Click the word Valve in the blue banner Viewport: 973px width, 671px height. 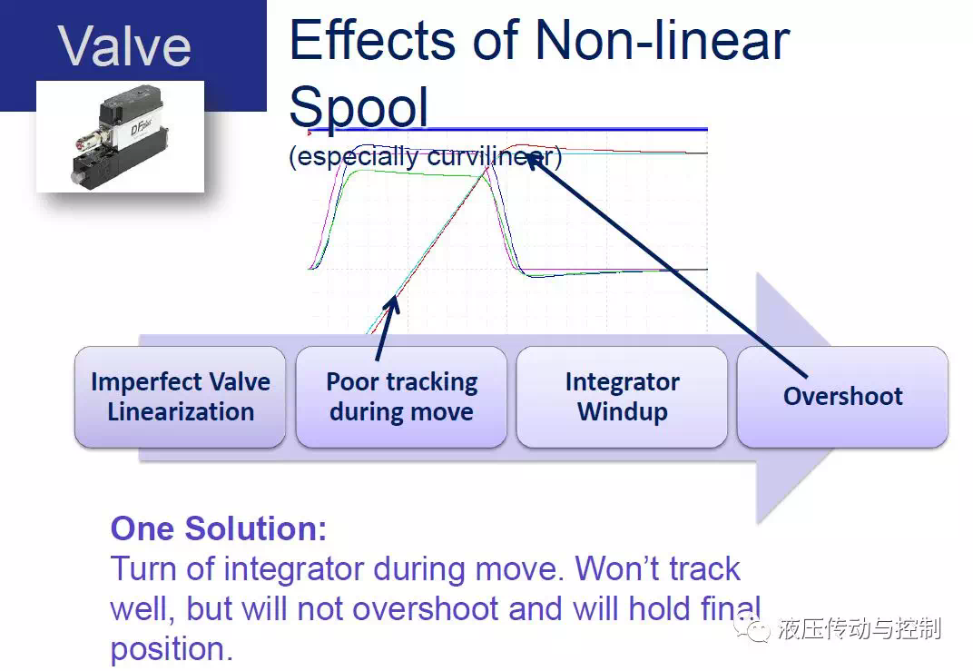[124, 45]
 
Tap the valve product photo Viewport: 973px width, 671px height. [121, 136]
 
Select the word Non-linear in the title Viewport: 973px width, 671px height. [662, 40]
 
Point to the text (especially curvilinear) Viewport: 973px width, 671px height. [425, 156]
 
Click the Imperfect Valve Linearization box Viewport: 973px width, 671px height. [180, 397]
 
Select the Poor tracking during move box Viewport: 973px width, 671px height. [401, 397]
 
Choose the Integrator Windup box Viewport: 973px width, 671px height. [622, 397]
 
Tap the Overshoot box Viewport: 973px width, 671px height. [842, 397]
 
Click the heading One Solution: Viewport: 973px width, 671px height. [219, 528]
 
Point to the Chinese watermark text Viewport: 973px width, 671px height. [860, 628]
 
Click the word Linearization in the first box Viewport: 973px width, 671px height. [181, 412]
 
